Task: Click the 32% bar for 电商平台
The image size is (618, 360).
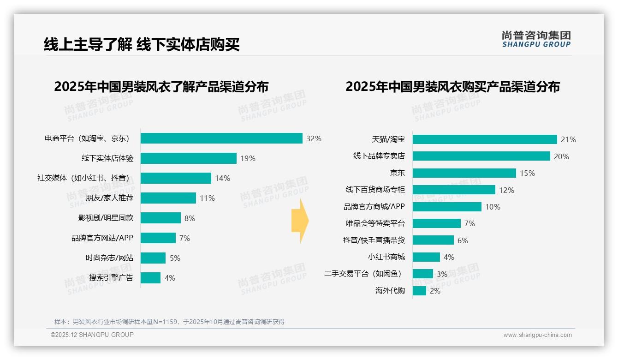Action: tap(221, 138)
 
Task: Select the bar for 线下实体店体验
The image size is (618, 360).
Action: tap(188, 158)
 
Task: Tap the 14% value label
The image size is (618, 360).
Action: tap(222, 179)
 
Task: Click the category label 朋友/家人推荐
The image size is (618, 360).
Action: tap(109, 198)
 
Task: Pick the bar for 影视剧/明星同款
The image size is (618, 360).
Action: tap(160, 218)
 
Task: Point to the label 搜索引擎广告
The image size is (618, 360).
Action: tap(111, 278)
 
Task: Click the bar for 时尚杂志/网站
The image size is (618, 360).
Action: tap(153, 258)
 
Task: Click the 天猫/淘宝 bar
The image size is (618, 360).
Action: tap(484, 139)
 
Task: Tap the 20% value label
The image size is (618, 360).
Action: tap(561, 156)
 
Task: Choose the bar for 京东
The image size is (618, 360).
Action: tap(464, 173)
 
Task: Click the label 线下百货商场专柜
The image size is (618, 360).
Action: tap(375, 190)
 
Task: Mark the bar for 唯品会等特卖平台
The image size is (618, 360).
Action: tap(436, 223)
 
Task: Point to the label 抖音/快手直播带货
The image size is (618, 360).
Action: tap(374, 240)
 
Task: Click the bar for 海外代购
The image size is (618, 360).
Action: tap(419, 291)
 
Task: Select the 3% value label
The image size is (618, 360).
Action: tap(442, 274)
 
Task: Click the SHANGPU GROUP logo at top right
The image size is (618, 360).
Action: tap(536, 39)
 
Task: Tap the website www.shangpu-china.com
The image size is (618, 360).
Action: tap(537, 335)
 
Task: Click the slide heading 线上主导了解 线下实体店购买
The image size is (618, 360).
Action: tap(142, 45)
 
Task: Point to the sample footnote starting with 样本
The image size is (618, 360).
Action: tap(169, 322)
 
